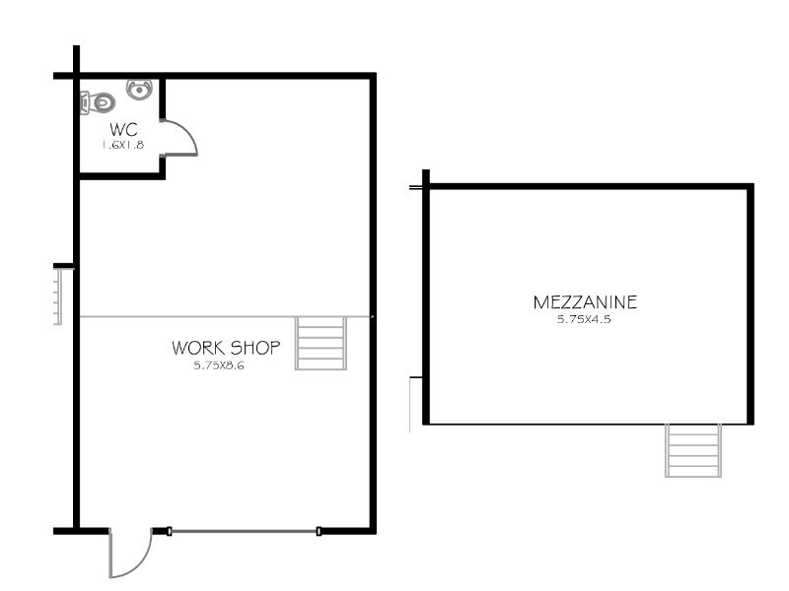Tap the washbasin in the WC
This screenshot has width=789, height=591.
(140, 90)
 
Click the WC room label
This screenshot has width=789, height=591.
(123, 129)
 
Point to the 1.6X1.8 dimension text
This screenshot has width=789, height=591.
(122, 144)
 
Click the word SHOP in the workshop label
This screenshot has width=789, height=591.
(257, 348)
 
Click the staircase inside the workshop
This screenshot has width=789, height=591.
(322, 343)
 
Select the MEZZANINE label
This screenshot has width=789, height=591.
(585, 301)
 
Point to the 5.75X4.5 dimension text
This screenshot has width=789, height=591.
(585, 318)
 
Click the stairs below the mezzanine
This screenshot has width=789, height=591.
(693, 450)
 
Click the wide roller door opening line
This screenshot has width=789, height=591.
(244, 532)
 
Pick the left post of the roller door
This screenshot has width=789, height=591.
(170, 532)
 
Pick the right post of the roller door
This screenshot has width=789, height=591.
(319, 532)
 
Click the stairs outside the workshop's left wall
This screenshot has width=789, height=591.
(57, 295)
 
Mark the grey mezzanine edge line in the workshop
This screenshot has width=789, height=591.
(187, 316)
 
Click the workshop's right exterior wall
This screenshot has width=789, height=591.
(373, 295)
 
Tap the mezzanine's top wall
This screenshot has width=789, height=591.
(589, 186)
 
